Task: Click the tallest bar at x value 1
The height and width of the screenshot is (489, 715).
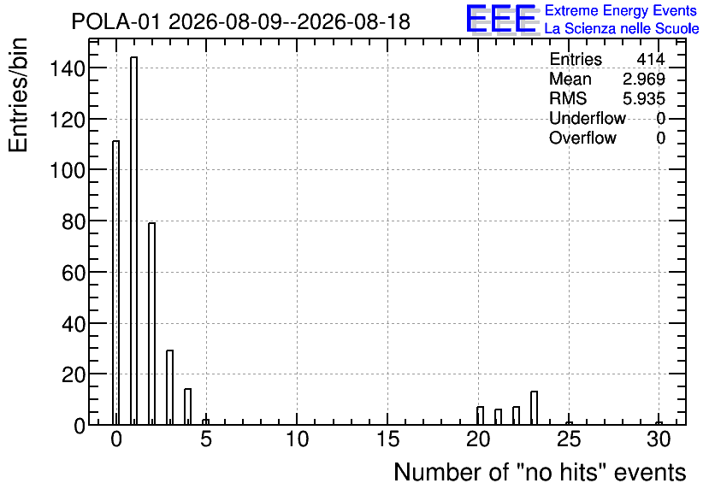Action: [x=134, y=240]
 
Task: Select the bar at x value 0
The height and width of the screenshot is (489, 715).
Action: [x=115, y=283]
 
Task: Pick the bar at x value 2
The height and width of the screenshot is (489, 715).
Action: [x=152, y=323]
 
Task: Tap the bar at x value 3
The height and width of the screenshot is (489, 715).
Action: [x=169, y=387]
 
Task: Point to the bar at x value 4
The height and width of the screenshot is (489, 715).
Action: [x=188, y=407]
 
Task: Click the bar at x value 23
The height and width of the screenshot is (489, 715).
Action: [x=534, y=408]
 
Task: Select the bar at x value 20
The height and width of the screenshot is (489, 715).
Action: [x=480, y=415]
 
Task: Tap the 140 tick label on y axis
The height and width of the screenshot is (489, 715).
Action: [x=68, y=68]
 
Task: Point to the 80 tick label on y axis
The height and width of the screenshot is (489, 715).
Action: [x=74, y=222]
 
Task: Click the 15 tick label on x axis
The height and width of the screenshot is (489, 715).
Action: [x=387, y=439]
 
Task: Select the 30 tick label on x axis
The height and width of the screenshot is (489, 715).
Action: [x=659, y=439]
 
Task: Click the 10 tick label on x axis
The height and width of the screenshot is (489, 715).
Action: [x=297, y=439]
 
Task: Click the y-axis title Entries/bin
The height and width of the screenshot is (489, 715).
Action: [x=18, y=96]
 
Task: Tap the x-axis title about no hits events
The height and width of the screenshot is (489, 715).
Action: [x=540, y=472]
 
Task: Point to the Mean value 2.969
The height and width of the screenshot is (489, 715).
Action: [x=644, y=80]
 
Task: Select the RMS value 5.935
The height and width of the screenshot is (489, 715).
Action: [x=644, y=99]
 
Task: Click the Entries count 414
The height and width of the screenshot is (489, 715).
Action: [x=651, y=59]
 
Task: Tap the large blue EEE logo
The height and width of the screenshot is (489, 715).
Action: [x=501, y=20]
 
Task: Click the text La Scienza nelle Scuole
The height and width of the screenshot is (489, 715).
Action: [x=622, y=29]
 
